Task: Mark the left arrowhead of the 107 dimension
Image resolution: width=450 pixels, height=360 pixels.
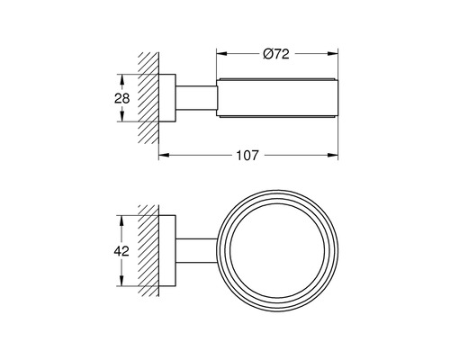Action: [x=163, y=156]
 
